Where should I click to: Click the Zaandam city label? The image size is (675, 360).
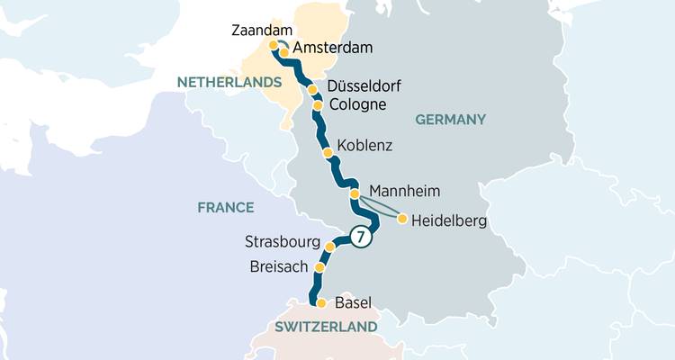tap(262, 29)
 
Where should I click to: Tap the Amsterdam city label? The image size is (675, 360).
tap(333, 48)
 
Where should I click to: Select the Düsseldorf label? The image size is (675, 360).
tap(364, 87)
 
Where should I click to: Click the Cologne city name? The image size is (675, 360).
tap(357, 105)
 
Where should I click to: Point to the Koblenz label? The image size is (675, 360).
tap(364, 146)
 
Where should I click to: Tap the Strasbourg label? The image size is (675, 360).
tap(283, 242)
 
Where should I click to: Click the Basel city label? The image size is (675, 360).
tap(353, 303)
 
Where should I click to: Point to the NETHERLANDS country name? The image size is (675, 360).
tap(229, 82)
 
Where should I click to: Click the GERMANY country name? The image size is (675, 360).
tap(450, 120)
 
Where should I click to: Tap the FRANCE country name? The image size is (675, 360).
tap(226, 208)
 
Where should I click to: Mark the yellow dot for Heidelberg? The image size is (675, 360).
tap(402, 219)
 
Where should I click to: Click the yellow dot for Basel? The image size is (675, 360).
tap(321, 303)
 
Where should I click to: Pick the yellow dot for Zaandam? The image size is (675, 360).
tap(274, 44)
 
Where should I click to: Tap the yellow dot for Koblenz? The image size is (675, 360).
tap(328, 153)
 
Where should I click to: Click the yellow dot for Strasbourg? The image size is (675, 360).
tap(330, 246)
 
